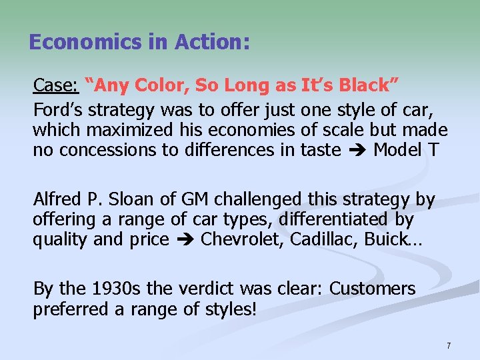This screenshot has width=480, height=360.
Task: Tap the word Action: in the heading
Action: tap(212, 43)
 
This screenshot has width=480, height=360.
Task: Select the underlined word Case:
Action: tap(57, 85)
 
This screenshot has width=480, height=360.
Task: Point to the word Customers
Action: tap(373, 289)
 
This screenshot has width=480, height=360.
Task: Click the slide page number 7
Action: tap(449, 346)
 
